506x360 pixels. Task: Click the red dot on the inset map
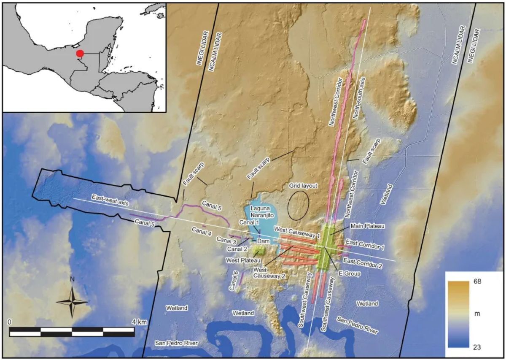pos(80,53)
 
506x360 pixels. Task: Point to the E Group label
pos(350,274)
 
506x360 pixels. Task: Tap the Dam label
pos(263,240)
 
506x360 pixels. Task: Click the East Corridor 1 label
pos(364,243)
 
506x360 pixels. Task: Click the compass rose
pos(73,300)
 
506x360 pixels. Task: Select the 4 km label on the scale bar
pos(139,322)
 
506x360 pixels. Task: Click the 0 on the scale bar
pos(10,322)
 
